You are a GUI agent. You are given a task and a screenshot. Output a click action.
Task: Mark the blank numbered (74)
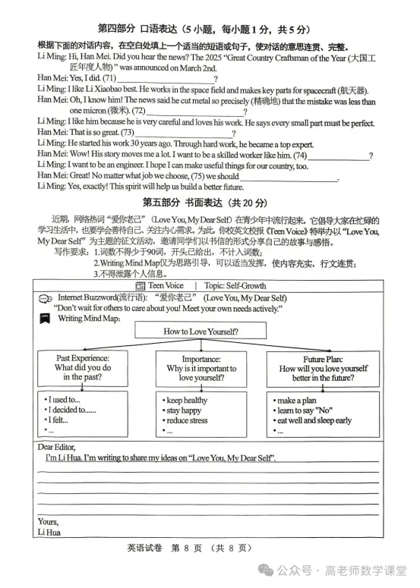(x=338, y=155)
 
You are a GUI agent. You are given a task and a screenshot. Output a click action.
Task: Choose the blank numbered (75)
(x=289, y=177)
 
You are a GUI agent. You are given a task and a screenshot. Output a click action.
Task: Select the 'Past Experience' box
(x=84, y=367)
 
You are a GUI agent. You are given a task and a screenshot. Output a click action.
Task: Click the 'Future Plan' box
(x=324, y=367)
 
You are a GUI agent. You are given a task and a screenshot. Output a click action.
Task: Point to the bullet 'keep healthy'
(x=187, y=400)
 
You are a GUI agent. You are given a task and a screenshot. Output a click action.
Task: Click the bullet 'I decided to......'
(x=72, y=410)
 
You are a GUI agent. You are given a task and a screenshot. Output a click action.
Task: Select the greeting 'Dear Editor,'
(x=57, y=447)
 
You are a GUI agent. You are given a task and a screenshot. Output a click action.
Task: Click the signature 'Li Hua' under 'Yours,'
(x=48, y=532)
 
